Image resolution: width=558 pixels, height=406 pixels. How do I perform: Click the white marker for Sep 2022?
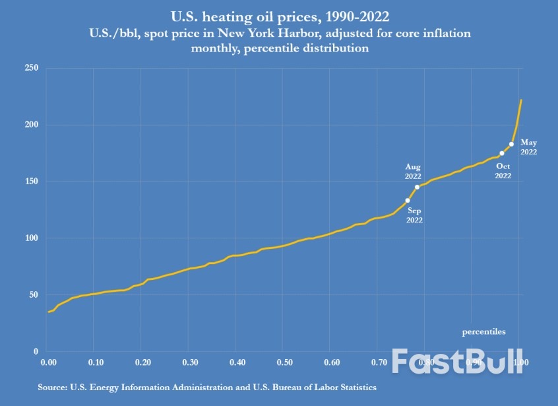coord(408,200)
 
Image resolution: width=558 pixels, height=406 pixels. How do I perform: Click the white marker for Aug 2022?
coord(417,187)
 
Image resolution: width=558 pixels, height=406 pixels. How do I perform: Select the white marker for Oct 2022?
coord(502,153)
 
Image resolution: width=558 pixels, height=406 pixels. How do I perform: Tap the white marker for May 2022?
coord(511,144)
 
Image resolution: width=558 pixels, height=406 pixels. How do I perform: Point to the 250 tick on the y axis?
coord(31,68)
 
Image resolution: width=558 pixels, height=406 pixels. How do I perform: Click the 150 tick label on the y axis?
coord(31,182)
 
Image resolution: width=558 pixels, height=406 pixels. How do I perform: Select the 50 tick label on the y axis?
coord(33,295)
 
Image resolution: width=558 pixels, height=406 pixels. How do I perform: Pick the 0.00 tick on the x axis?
coord(47,363)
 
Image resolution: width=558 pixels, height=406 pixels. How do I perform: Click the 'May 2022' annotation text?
coord(529,147)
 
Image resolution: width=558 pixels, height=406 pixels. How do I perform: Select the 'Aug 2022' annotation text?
coord(413,172)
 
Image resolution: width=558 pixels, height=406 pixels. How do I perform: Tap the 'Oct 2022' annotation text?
coord(503,171)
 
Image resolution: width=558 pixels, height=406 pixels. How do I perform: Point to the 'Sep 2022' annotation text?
coord(415,215)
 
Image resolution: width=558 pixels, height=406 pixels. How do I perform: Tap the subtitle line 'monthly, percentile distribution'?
coord(280,49)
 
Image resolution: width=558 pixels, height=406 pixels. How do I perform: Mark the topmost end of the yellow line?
coord(521,100)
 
